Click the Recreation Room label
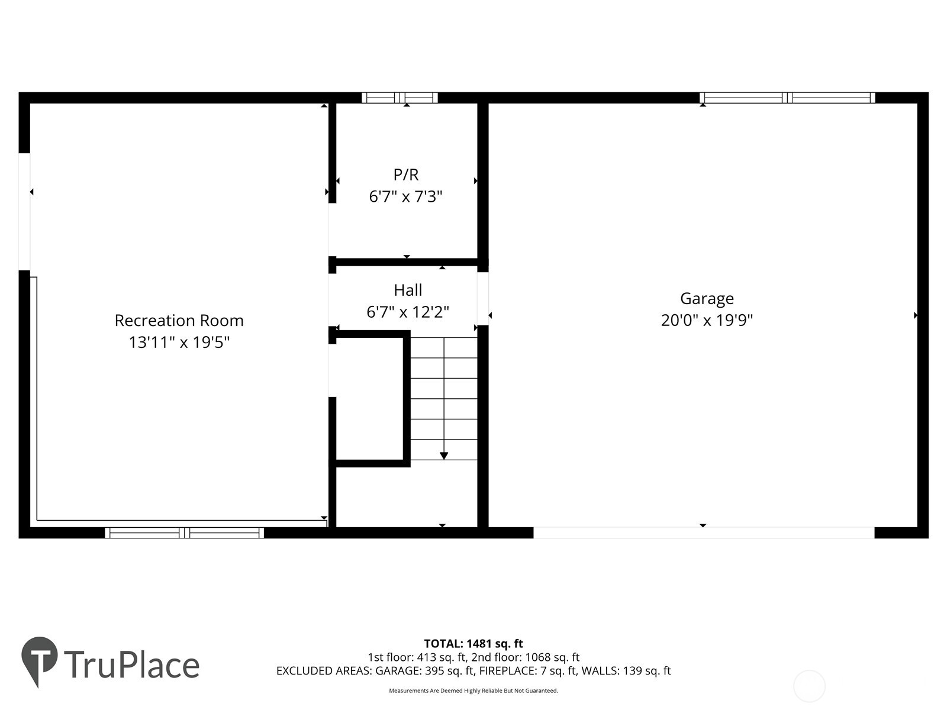(x=179, y=321)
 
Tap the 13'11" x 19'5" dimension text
(x=179, y=342)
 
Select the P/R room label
(x=406, y=175)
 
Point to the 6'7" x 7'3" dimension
(x=406, y=196)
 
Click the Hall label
(x=408, y=290)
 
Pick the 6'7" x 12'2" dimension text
(x=408, y=312)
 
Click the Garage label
(x=707, y=298)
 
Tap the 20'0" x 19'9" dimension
(x=707, y=320)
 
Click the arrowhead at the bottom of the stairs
(x=444, y=456)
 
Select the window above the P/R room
(x=400, y=98)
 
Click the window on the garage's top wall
(x=787, y=98)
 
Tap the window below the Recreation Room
(x=184, y=532)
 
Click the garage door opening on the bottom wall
(x=704, y=532)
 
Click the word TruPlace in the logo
(x=131, y=665)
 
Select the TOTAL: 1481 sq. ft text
(x=474, y=644)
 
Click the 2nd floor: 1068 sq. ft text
(x=525, y=657)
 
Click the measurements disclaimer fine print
(x=474, y=690)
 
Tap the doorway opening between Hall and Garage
(x=483, y=298)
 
